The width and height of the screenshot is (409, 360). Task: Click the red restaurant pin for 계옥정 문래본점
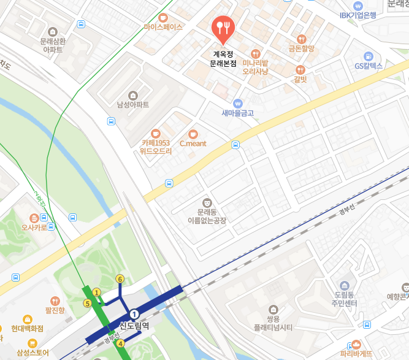click(x=222, y=26)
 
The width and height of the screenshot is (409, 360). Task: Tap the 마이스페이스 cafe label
click(x=163, y=28)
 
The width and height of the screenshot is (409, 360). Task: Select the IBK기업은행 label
click(x=357, y=15)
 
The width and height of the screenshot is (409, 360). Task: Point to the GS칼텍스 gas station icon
click(x=368, y=55)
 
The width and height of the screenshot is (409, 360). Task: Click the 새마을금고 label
click(x=238, y=113)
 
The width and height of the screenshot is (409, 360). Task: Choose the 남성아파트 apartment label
click(x=133, y=104)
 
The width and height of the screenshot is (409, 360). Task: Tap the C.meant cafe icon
click(x=193, y=134)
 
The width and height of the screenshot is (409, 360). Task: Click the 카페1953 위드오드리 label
click(x=156, y=147)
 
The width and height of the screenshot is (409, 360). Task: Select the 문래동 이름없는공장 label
click(x=207, y=215)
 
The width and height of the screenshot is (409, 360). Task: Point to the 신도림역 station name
click(x=134, y=326)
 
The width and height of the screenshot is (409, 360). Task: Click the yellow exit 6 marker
click(x=120, y=279)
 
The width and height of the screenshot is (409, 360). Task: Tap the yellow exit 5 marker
click(x=88, y=304)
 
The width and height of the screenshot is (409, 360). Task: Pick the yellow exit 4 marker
click(x=121, y=343)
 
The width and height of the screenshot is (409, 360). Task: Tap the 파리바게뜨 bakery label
click(x=357, y=353)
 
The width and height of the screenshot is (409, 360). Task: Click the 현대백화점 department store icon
click(x=28, y=320)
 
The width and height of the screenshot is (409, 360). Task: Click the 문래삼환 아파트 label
click(x=52, y=45)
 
